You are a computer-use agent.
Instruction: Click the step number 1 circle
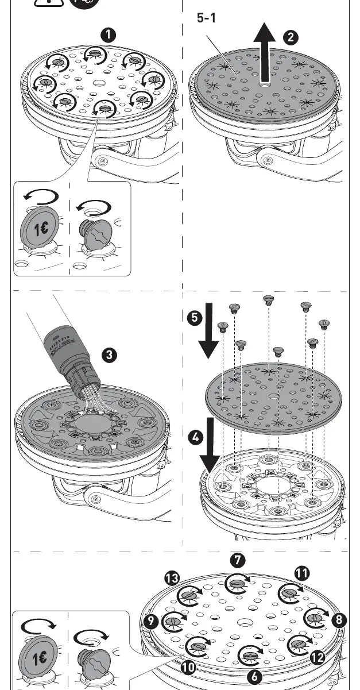click(x=108, y=36)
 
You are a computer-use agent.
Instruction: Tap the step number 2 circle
click(x=291, y=37)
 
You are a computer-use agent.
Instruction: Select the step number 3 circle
click(x=109, y=355)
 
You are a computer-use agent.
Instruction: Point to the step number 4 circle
click(x=195, y=437)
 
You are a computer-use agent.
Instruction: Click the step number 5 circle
click(x=195, y=317)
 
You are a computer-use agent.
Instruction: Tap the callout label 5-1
click(x=206, y=18)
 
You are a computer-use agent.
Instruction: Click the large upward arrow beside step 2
click(x=265, y=53)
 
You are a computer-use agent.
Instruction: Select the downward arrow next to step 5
click(x=208, y=330)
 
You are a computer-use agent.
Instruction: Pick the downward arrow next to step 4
click(x=210, y=445)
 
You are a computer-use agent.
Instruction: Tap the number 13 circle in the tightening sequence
click(x=172, y=578)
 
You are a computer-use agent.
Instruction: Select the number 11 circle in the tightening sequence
click(x=302, y=573)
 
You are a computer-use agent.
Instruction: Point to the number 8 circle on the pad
click(x=339, y=619)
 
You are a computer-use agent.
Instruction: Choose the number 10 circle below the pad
click(x=188, y=668)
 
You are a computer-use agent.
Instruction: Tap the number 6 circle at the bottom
click(x=255, y=676)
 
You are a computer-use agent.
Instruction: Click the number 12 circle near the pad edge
click(x=318, y=658)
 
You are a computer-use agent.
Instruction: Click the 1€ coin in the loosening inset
click(x=40, y=229)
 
